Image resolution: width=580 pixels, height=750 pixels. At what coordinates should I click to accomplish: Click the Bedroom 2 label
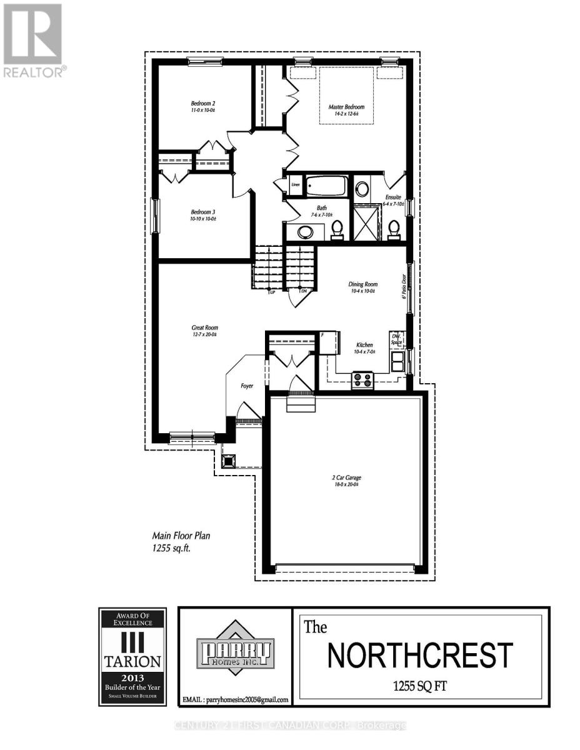[x=203, y=104]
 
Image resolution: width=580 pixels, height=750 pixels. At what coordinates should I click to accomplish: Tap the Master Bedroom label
[x=346, y=107]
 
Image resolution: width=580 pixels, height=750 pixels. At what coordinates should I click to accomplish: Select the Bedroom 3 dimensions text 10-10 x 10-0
[x=202, y=219]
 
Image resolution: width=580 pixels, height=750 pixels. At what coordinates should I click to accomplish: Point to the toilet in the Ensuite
[x=394, y=229]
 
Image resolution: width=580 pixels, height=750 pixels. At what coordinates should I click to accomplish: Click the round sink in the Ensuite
[x=362, y=189]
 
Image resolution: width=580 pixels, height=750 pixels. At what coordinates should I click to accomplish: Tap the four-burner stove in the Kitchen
[x=362, y=379]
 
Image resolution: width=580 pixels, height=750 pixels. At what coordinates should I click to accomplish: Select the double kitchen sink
[x=397, y=361]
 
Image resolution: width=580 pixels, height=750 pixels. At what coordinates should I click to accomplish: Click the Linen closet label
[x=296, y=185]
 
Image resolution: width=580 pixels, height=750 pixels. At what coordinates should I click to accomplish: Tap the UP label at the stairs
[x=271, y=292]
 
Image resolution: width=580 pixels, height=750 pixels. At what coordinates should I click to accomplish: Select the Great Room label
[x=204, y=327]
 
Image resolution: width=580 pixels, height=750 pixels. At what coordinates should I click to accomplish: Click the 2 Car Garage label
[x=346, y=478]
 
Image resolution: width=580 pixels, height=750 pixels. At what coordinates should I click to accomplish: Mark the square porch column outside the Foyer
[x=229, y=461]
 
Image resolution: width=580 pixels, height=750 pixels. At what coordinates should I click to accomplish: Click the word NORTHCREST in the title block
[x=420, y=655]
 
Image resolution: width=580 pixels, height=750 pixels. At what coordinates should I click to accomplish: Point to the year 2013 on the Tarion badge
[x=132, y=677]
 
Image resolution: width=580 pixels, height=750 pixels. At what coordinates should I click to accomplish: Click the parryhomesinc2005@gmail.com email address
[x=234, y=699]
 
